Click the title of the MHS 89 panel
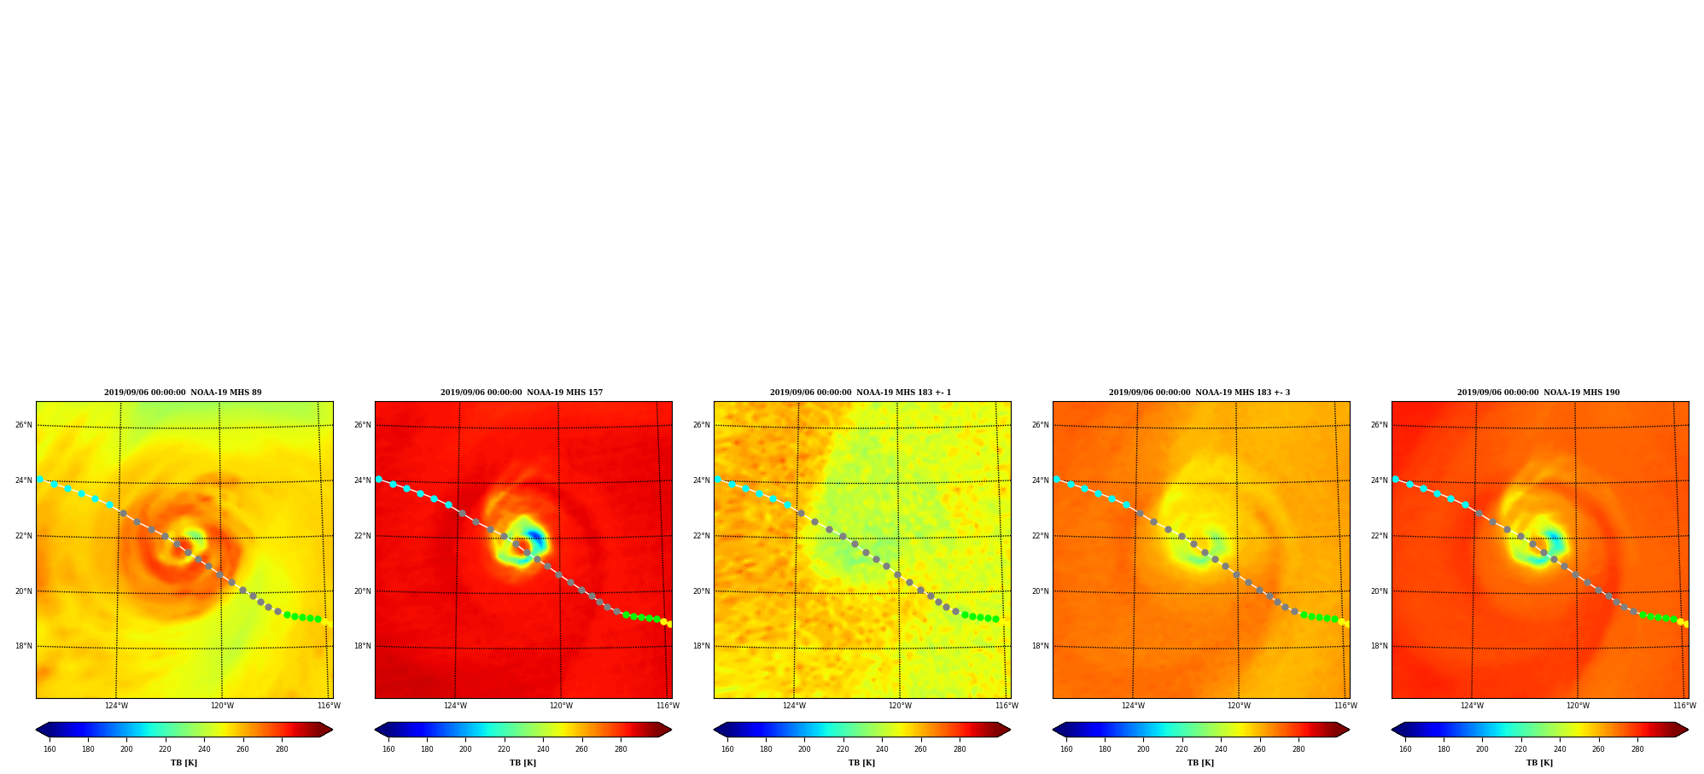click(183, 393)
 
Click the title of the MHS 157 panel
click(522, 393)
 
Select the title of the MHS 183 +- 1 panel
click(861, 393)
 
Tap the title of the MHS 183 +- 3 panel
click(1199, 393)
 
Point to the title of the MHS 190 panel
click(1538, 393)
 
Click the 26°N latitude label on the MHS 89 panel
click(23, 425)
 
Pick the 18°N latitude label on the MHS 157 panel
click(362, 646)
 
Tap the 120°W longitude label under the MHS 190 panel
click(1578, 706)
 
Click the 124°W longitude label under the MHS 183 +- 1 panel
click(794, 706)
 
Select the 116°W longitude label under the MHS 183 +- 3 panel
click(1345, 706)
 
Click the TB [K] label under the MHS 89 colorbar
click(184, 763)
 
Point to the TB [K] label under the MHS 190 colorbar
click(1539, 763)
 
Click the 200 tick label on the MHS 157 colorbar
click(465, 749)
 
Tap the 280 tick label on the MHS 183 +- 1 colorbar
click(960, 749)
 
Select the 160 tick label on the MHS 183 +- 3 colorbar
click(1066, 749)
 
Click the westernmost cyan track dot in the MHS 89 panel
click(40, 480)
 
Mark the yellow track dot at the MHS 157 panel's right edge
click(663, 621)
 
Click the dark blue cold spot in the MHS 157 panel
click(535, 538)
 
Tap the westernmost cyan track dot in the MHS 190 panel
click(1396, 480)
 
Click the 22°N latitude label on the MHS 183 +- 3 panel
click(1040, 536)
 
